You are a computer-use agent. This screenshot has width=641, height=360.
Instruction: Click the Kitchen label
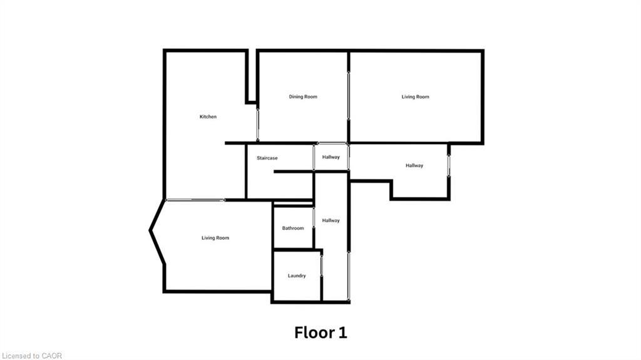pyautogui.click(x=208, y=117)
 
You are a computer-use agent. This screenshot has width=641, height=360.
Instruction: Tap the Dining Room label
pyautogui.click(x=303, y=96)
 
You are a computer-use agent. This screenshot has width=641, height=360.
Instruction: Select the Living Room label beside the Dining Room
pyautogui.click(x=415, y=96)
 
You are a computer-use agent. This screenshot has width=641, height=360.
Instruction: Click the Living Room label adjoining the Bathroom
pyautogui.click(x=215, y=238)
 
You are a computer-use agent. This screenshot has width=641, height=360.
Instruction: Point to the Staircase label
pyautogui.click(x=267, y=158)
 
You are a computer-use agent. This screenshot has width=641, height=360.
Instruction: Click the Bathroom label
pyautogui.click(x=292, y=228)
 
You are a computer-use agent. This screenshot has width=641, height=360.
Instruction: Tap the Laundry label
pyautogui.click(x=297, y=275)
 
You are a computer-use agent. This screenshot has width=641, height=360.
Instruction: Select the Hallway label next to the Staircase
pyautogui.click(x=331, y=157)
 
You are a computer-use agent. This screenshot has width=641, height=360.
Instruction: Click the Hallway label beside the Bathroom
pyautogui.click(x=331, y=220)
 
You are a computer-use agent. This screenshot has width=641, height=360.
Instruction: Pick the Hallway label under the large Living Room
pyautogui.click(x=414, y=165)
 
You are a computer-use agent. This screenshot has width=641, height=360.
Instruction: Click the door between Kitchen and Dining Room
pyautogui.click(x=257, y=123)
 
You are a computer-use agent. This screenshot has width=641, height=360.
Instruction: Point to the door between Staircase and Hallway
pyautogui.click(x=314, y=158)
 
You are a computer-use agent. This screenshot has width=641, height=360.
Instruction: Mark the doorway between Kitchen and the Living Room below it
pyautogui.click(x=195, y=200)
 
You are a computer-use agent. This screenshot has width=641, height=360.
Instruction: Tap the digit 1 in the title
pyautogui.click(x=342, y=332)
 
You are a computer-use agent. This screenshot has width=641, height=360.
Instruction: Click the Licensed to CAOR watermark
pyautogui.click(x=31, y=356)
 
